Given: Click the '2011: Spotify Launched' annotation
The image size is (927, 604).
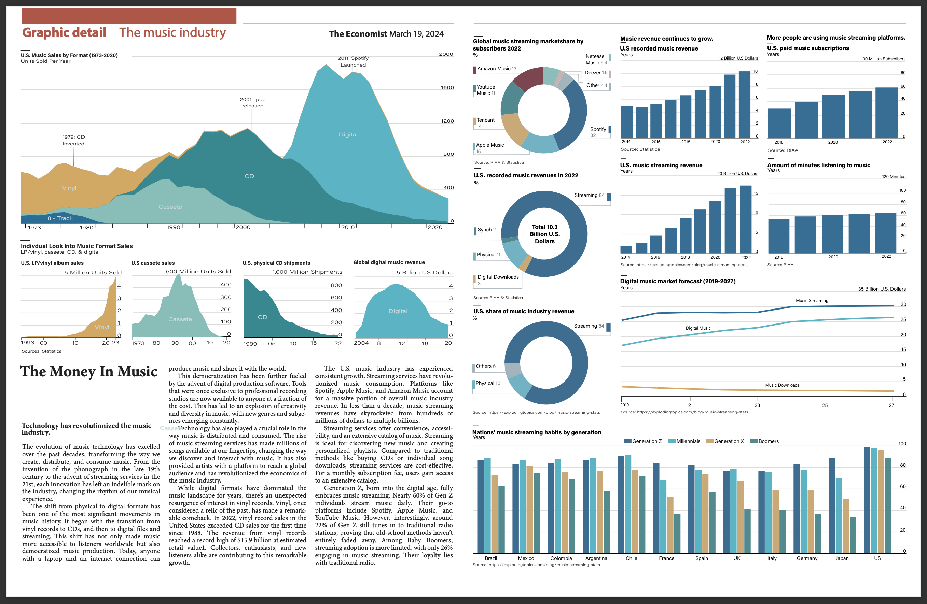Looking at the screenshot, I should (x=353, y=61).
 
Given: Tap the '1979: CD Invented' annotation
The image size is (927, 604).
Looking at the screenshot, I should (x=73, y=140).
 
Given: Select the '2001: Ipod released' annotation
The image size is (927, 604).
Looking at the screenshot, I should (x=252, y=102).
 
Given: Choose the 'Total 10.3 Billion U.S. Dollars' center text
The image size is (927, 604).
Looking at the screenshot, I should (x=544, y=234).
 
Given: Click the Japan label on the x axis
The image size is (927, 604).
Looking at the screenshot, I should (x=842, y=558).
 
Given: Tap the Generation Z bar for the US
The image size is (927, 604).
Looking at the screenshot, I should (x=867, y=500).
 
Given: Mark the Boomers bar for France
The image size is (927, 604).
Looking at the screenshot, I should (x=677, y=533).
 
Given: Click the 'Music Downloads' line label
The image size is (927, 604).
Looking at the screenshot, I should (x=782, y=385).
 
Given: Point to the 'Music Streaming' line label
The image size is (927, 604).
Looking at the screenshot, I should (x=812, y=300).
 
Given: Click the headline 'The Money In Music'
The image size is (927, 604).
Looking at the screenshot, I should (x=89, y=371).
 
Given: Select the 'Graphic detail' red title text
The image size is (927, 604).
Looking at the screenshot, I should (x=64, y=32).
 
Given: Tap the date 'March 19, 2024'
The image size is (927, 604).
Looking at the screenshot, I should (x=416, y=34).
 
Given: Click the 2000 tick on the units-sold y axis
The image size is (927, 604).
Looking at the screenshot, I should (x=446, y=54).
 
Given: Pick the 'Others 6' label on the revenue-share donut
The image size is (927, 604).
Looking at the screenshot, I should (x=485, y=366).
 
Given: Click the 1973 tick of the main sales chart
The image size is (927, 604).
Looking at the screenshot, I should (x=34, y=227).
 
